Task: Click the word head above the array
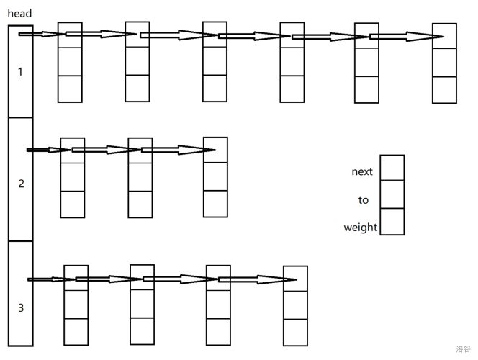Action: click(x=19, y=14)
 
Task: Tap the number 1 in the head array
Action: click(x=20, y=72)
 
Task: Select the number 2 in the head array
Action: click(x=21, y=184)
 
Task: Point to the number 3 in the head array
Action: click(x=21, y=308)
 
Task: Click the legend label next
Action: click(x=362, y=171)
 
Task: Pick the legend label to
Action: click(x=363, y=200)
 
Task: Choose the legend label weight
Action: click(x=360, y=228)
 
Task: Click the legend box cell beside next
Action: click(x=392, y=168)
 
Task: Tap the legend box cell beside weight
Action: click(x=392, y=222)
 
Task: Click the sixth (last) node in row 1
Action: click(x=444, y=63)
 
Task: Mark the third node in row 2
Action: click(x=215, y=177)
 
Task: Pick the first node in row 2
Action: click(x=72, y=178)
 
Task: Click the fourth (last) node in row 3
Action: click(x=295, y=305)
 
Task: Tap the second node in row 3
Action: click(x=142, y=305)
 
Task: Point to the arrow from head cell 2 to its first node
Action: click(x=48, y=150)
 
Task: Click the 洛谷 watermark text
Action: click(x=462, y=349)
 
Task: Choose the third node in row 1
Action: click(x=215, y=62)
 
